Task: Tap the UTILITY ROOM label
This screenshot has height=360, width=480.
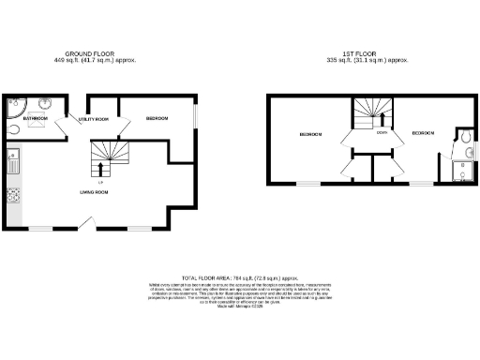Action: (94, 120)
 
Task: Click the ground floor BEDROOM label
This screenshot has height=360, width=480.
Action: (157, 119)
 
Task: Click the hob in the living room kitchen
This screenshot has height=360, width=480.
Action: (13, 196)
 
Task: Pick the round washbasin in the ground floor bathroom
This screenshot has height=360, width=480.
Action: (47, 104)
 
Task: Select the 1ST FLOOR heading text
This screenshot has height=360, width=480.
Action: (354, 54)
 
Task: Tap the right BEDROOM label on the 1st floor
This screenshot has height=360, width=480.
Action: (423, 134)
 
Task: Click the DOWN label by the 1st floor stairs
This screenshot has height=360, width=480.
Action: (382, 133)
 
